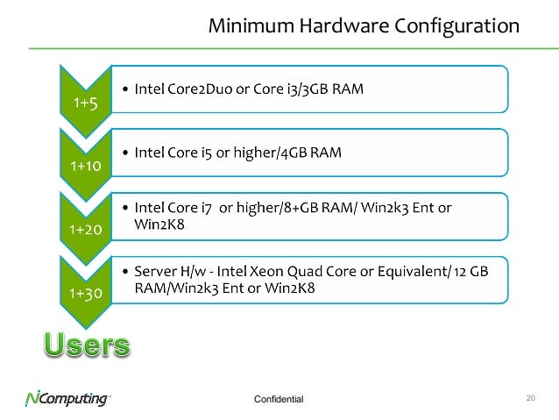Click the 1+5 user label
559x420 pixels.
pyautogui.click(x=85, y=103)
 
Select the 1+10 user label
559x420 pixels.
pyautogui.click(x=85, y=166)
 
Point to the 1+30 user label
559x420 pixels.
pyautogui.click(x=85, y=294)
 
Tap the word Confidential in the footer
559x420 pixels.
pyautogui.click(x=277, y=400)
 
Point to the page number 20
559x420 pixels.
pyautogui.click(x=530, y=398)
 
